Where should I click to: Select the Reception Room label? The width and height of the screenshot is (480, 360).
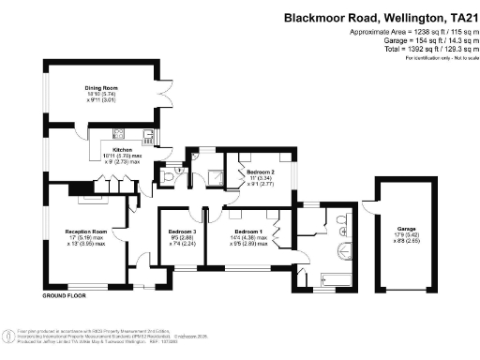[85, 231]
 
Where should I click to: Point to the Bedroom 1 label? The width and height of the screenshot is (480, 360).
[247, 231]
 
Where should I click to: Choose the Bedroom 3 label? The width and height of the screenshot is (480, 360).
[181, 231]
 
